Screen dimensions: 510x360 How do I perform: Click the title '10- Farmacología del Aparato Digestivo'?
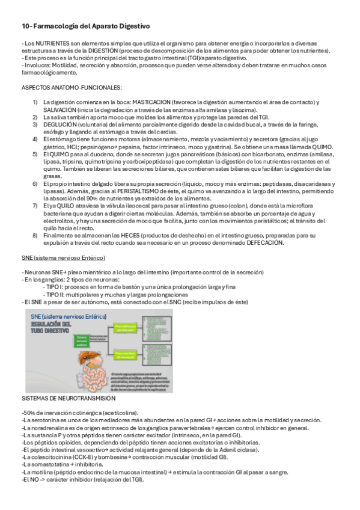(86, 27)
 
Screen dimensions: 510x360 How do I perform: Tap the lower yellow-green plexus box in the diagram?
(127, 355)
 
